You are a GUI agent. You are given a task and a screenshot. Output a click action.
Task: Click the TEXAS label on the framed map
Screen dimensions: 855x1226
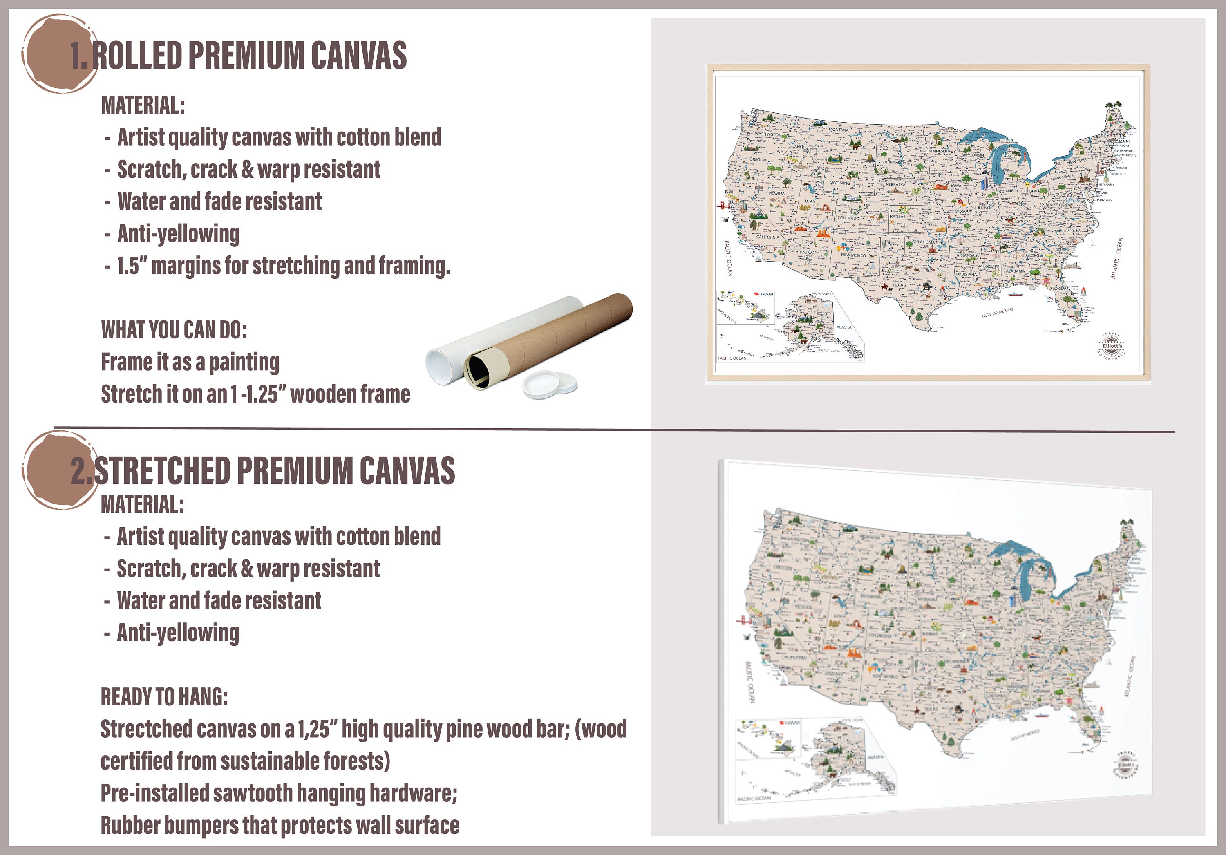click(899, 284)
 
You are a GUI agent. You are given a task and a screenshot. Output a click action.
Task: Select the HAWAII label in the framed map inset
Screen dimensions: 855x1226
click(766, 294)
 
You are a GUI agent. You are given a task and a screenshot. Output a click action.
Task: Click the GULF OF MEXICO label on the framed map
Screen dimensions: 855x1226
click(997, 312)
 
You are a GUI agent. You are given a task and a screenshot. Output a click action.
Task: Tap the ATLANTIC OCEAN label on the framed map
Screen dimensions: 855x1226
click(1116, 258)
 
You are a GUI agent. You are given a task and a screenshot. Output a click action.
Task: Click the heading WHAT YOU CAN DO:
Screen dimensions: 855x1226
click(174, 330)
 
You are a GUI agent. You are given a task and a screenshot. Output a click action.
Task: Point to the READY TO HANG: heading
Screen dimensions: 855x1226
click(164, 697)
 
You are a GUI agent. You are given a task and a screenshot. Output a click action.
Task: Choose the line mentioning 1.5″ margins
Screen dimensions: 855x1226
click(283, 265)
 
